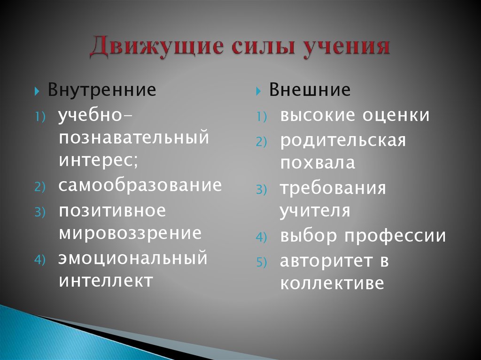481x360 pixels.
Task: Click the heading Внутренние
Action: (102, 90)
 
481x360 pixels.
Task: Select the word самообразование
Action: (140, 185)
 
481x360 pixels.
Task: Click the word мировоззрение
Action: (130, 233)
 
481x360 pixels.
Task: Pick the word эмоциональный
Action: (133, 258)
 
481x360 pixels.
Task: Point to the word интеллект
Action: (106, 281)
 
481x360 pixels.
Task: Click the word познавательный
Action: (133, 138)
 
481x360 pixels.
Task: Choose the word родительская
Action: (343, 140)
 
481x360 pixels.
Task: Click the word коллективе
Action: (332, 283)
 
